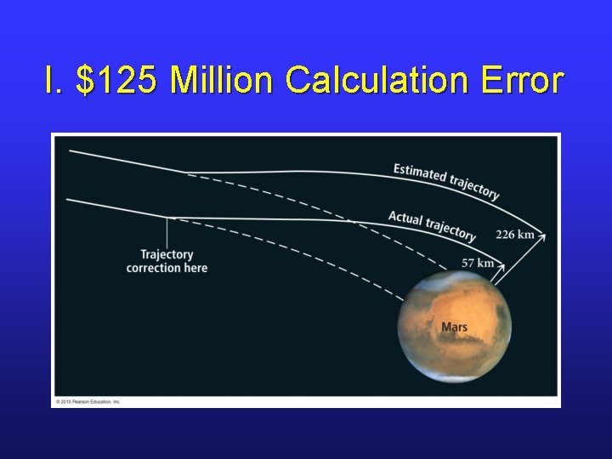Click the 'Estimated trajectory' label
(446, 180)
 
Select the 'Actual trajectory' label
(432, 224)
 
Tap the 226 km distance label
(515, 235)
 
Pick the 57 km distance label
(477, 263)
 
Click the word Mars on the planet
(454, 327)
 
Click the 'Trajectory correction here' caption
(167, 261)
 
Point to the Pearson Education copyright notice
(88, 401)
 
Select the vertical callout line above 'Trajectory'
(167, 231)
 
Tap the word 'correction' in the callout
(153, 268)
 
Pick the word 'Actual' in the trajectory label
(405, 218)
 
